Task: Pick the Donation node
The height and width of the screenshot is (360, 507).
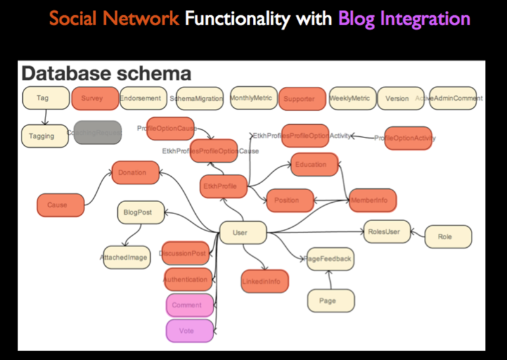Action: tap(135, 172)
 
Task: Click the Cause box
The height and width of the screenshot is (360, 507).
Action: tap(60, 205)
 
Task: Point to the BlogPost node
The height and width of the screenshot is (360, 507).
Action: tap(140, 213)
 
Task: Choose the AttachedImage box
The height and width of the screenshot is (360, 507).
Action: tap(127, 257)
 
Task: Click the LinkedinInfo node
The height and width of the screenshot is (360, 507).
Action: tap(264, 281)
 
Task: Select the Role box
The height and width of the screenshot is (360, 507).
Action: tap(447, 236)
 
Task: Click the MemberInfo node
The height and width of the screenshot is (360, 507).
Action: tap(373, 200)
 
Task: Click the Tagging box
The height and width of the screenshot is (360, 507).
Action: tap(44, 136)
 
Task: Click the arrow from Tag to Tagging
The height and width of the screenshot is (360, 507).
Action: tap(44, 117)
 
